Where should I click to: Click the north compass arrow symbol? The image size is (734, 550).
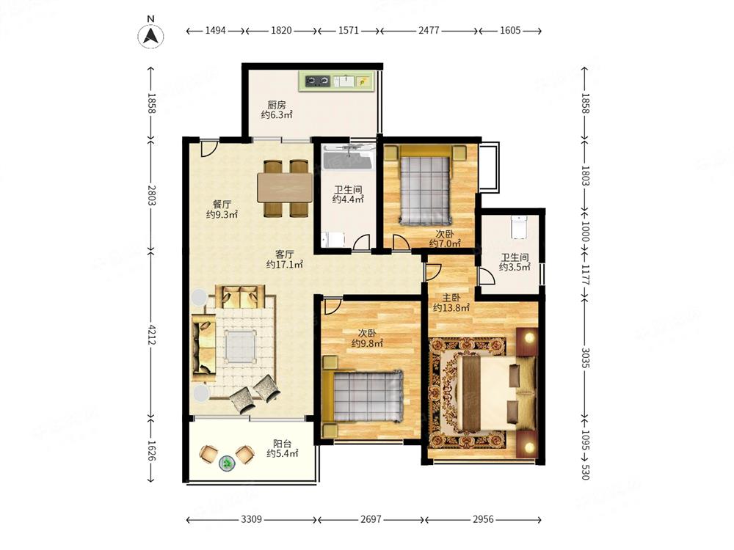pos(150,36)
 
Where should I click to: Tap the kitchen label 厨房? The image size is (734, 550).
pos(277,105)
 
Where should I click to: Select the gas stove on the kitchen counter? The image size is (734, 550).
pos(317,81)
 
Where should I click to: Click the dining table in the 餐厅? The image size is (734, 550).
pos(285,188)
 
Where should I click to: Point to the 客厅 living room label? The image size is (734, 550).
pos(285,254)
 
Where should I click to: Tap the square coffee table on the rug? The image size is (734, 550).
pos(241,345)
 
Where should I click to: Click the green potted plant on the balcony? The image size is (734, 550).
pos(228,463)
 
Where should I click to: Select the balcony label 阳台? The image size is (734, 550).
pos(283,444)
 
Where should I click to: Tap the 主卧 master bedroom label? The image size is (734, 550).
pos(451,298)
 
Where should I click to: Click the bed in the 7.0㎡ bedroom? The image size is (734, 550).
pos(424,184)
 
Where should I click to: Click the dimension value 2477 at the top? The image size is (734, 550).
pos(429,30)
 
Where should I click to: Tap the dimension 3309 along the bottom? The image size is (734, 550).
pos(251,519)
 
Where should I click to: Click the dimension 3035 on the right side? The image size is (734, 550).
pos(585,357)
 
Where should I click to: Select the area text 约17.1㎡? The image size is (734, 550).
pos(285,265)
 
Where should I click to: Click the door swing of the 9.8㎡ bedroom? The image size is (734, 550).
pos(332,307)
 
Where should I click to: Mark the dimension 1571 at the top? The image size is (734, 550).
pos(348,30)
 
